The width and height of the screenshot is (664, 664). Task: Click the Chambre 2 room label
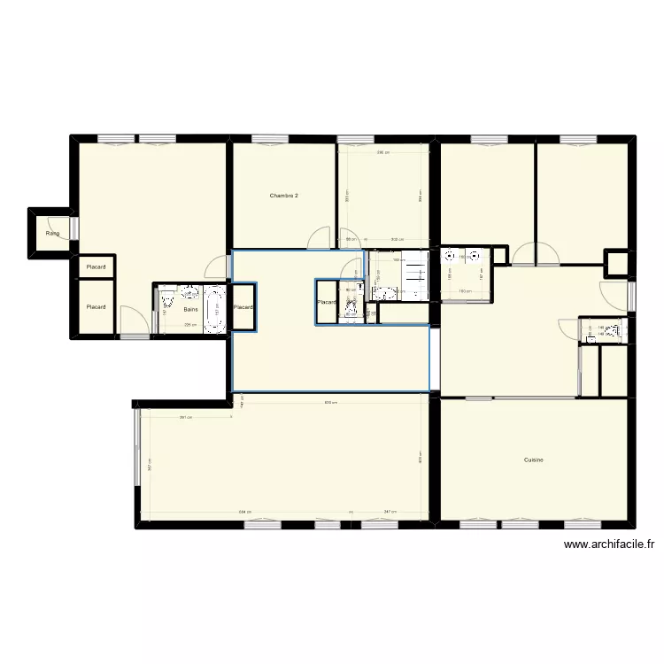(283, 195)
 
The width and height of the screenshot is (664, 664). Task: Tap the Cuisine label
(533, 459)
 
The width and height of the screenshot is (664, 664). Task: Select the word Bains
(190, 310)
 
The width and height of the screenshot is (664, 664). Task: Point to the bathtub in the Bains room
(213, 309)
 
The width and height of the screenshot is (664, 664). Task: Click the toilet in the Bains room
(167, 303)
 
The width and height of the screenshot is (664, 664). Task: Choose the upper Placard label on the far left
(96, 266)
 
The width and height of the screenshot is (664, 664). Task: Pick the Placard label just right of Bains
(243, 307)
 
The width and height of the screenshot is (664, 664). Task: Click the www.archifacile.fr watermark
(608, 545)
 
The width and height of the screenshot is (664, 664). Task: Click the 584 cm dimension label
(243, 512)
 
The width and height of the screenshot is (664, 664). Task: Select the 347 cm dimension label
(390, 512)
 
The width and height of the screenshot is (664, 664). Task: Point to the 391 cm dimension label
(185, 418)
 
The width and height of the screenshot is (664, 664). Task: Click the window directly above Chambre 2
(264, 138)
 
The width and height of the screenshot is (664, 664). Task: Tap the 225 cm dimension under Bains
(189, 325)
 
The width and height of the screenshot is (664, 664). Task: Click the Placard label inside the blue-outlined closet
(327, 303)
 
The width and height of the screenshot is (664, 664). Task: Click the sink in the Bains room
(189, 291)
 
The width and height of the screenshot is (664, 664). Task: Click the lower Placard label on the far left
(96, 307)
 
